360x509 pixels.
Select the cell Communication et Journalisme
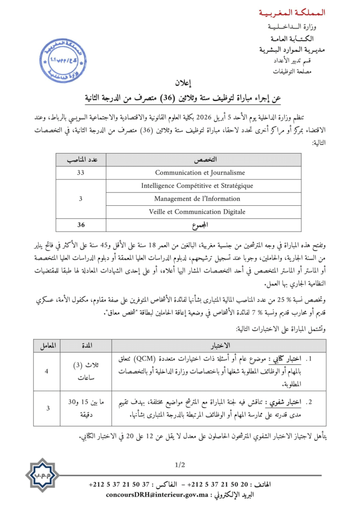tap(200, 172)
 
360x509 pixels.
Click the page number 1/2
tap(180, 465)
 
